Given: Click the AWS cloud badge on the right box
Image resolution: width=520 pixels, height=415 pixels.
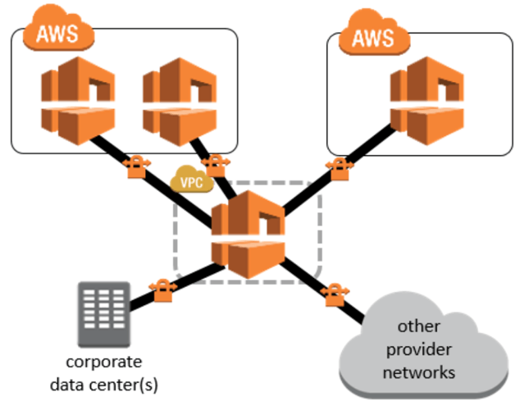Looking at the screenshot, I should pyautogui.click(x=374, y=37).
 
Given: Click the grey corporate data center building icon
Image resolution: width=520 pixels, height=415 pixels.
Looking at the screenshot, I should pyautogui.click(x=103, y=314).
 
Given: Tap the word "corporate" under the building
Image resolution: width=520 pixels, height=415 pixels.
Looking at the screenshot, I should pyautogui.click(x=103, y=362).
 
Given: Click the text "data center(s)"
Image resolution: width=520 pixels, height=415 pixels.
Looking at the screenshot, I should pyautogui.click(x=103, y=381).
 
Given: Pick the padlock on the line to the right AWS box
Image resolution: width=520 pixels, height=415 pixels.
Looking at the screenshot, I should pyautogui.click(x=337, y=166).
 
